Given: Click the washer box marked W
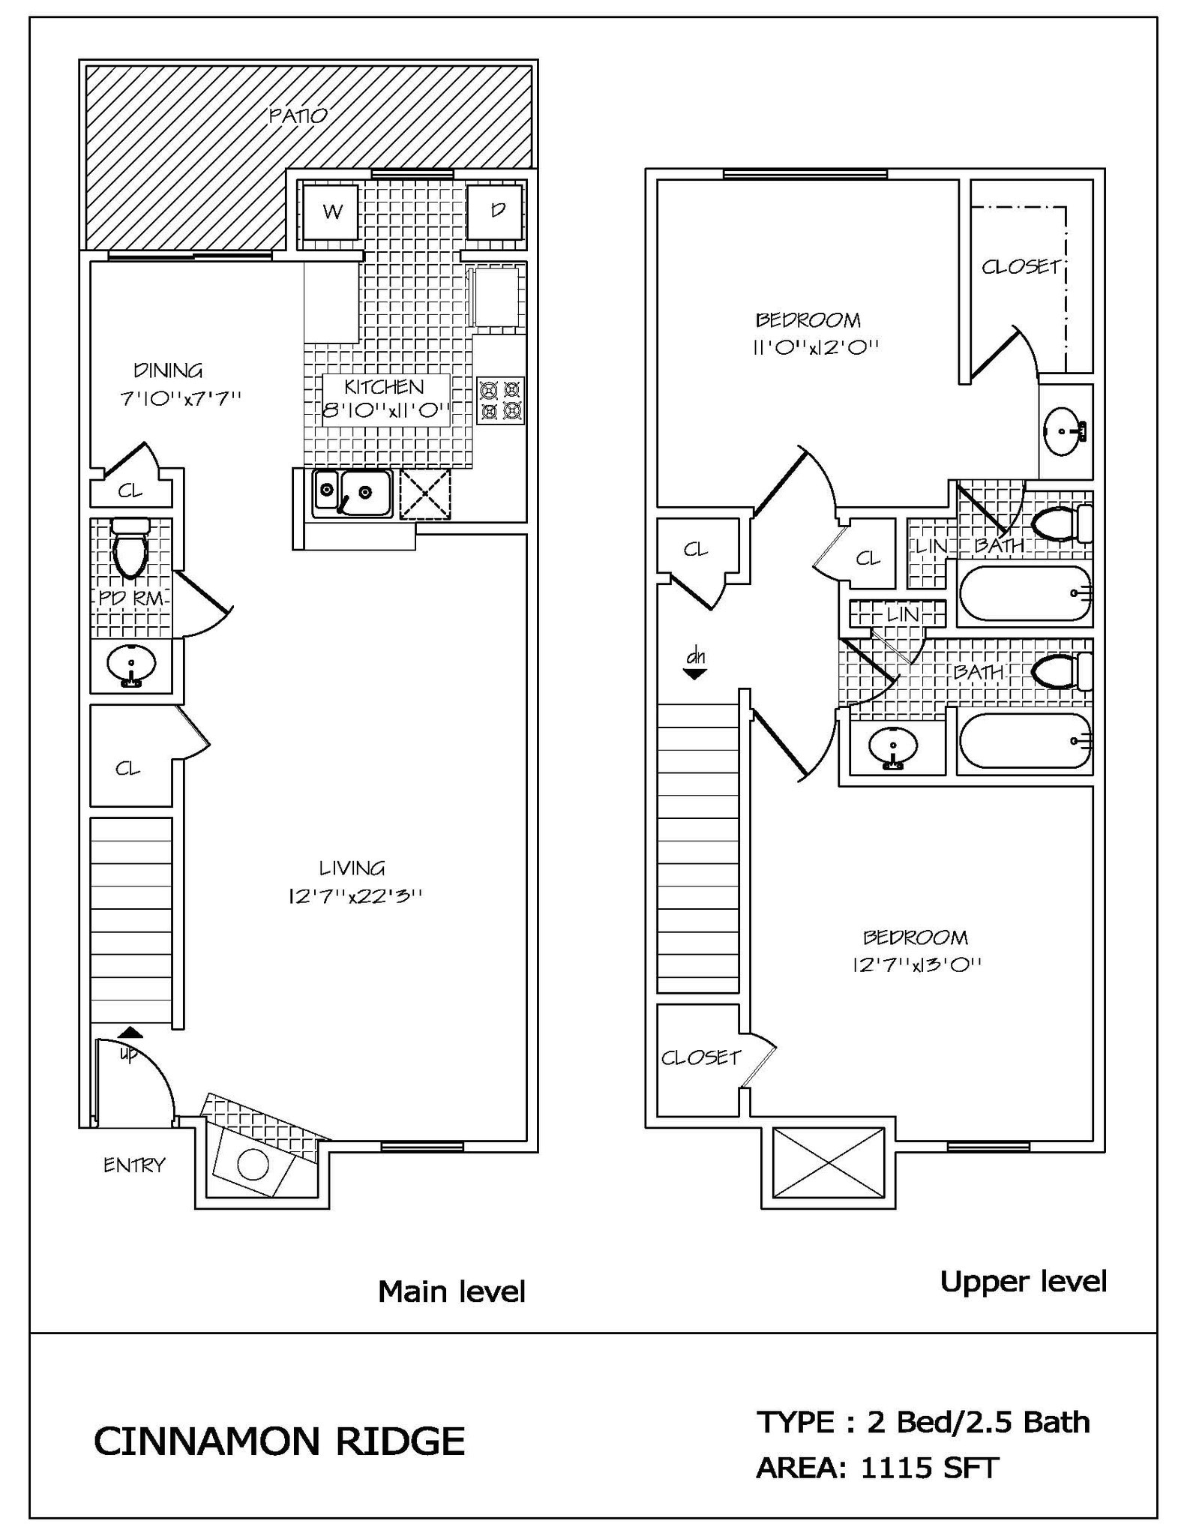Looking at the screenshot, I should (x=331, y=211).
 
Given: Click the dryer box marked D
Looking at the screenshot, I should (x=496, y=211).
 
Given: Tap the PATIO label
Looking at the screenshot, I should (x=298, y=115).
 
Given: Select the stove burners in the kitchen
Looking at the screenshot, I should (x=501, y=400).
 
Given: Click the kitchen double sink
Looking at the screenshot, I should (x=352, y=493).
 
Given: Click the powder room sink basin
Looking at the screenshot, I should (x=131, y=664).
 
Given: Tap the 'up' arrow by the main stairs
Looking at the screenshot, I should (x=130, y=1033).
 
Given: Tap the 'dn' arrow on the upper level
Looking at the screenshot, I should (x=695, y=673).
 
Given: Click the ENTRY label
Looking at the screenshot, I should (x=133, y=1165).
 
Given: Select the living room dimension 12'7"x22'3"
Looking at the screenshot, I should (x=355, y=895).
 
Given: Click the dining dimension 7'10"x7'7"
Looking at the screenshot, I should (x=180, y=398).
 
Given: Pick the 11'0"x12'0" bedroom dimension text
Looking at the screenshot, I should (x=815, y=347).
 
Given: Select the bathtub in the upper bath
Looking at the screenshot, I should (x=1024, y=593).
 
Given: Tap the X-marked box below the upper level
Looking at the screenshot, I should (x=828, y=1162).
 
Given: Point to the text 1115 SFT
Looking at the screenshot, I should (x=929, y=1468).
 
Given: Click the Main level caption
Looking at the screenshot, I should (x=451, y=1291).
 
